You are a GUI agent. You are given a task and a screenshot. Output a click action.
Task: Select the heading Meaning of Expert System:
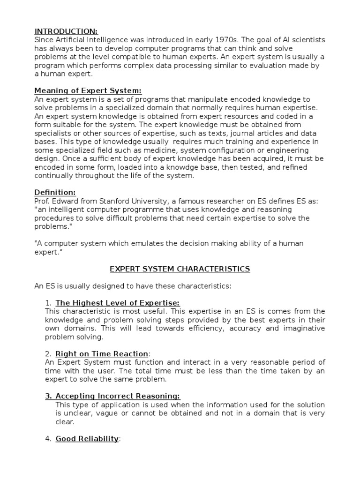click(88, 91)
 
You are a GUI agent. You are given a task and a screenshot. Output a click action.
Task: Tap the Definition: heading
click(55, 192)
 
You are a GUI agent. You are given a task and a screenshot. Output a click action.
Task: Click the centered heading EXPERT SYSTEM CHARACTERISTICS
click(180, 269)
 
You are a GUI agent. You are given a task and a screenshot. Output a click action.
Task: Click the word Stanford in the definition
click(116, 201)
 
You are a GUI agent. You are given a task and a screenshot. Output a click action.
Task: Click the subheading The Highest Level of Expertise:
click(117, 303)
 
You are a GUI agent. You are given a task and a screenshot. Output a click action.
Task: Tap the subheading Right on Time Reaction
click(102, 353)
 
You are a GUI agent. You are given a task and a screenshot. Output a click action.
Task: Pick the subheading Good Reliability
click(87, 439)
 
